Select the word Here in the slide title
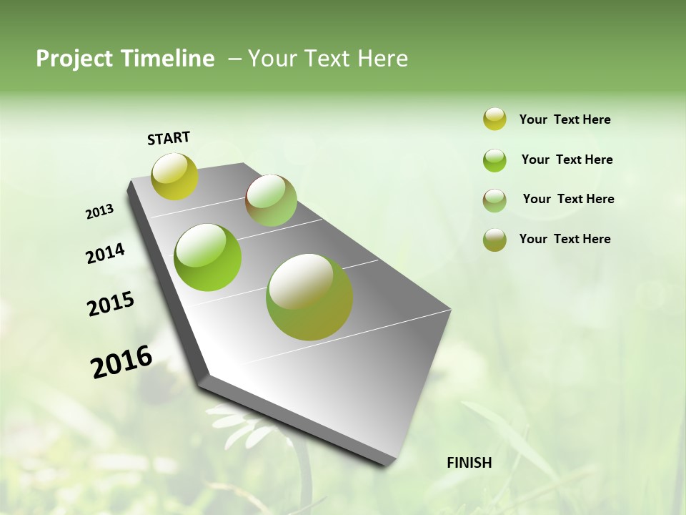(382, 59)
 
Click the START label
(169, 138)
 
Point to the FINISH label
(469, 463)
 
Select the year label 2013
(100, 212)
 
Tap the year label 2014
(105, 254)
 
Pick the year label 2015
(111, 304)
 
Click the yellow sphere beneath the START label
(174, 176)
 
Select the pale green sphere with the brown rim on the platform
(271, 200)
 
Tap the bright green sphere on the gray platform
(208, 257)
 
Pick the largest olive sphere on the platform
(309, 297)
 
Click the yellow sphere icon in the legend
(494, 119)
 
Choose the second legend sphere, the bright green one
(494, 160)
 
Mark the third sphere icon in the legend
(494, 200)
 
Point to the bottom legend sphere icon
(494, 240)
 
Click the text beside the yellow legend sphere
(565, 119)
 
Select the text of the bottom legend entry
(565, 239)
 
